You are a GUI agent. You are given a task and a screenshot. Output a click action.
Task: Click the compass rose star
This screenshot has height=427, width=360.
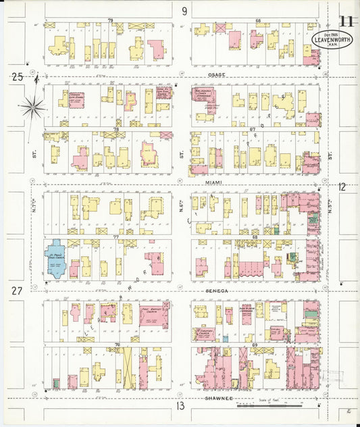(33, 106)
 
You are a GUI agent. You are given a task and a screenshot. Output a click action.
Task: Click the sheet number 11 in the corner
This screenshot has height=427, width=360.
(346, 20)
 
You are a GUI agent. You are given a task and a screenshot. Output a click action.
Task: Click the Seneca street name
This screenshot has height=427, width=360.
(216, 290)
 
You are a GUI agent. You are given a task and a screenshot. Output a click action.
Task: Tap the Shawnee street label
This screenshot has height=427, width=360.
(217, 398)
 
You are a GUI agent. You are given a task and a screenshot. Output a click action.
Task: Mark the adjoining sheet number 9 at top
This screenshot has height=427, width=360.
(184, 10)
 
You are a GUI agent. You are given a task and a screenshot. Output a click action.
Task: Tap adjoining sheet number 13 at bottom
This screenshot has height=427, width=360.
(180, 406)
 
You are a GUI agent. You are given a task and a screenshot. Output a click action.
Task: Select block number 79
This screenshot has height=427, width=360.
(110, 22)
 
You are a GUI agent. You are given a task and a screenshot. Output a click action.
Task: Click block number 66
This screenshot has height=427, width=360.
(258, 22)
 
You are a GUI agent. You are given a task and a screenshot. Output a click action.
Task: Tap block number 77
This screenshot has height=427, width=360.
(116, 238)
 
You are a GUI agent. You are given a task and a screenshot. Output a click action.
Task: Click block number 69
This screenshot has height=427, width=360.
(255, 345)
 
